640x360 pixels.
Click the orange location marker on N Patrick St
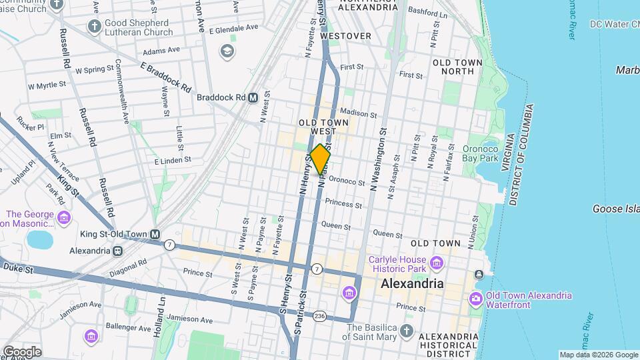point(321,159)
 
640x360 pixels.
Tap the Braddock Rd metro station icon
point(253,97)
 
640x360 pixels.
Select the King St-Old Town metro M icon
point(155,234)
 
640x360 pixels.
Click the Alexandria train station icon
point(117,251)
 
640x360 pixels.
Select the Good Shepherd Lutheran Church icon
point(93,25)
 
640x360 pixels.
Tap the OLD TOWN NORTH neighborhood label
point(457,67)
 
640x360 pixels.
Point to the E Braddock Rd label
point(165,77)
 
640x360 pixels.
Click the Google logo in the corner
point(22,351)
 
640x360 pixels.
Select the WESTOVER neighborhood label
point(345,35)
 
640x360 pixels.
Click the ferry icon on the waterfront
point(479,275)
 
